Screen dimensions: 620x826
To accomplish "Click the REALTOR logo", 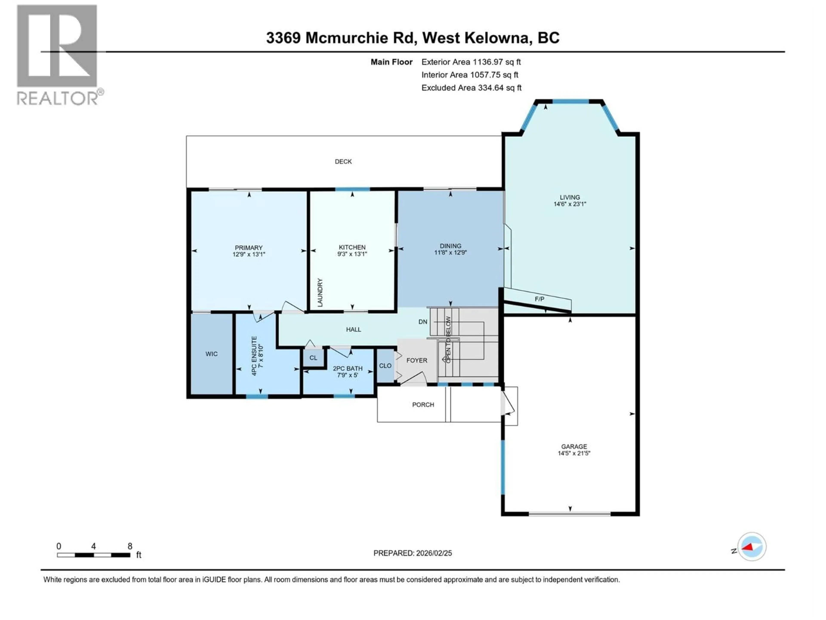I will (58, 54).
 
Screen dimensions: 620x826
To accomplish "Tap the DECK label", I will (343, 161).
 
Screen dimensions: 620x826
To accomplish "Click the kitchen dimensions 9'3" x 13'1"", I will (352, 254).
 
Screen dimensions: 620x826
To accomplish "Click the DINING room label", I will (450, 246).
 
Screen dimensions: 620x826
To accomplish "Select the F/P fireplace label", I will (539, 299).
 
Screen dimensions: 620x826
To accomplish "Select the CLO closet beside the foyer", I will (385, 366).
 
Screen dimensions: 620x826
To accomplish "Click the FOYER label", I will (417, 360).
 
